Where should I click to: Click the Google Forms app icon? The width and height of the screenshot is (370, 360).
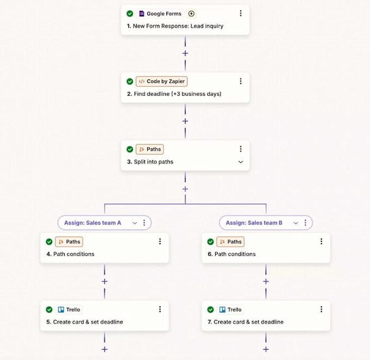click(141, 14)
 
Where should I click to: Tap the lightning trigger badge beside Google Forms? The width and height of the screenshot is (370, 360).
click(191, 14)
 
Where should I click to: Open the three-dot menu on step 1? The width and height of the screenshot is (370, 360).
click(240, 13)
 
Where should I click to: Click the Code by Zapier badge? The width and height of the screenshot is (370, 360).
click(162, 82)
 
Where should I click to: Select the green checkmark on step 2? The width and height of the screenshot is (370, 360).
click(130, 82)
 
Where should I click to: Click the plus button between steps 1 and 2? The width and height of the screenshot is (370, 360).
click(185, 53)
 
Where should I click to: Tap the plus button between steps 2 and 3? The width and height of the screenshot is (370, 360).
click(185, 121)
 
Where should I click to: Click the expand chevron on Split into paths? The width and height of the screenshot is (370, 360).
click(240, 162)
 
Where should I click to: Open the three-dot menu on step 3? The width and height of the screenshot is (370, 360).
click(240, 149)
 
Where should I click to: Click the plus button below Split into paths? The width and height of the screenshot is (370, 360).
click(185, 189)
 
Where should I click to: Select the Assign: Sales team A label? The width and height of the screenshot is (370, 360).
click(92, 223)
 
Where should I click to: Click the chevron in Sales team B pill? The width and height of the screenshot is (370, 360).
click(295, 223)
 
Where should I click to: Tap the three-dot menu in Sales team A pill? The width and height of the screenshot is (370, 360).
click(144, 223)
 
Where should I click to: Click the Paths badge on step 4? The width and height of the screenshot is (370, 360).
click(69, 242)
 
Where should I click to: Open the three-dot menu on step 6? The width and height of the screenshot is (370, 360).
click(321, 241)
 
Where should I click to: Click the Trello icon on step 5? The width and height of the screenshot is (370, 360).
click(61, 309)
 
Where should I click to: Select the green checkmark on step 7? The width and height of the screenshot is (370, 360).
click(211, 309)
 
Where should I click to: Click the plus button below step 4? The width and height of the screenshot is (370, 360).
click(104, 282)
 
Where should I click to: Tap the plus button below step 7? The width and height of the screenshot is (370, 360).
click(266, 349)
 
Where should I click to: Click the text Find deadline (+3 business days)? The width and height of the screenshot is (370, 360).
click(177, 94)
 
